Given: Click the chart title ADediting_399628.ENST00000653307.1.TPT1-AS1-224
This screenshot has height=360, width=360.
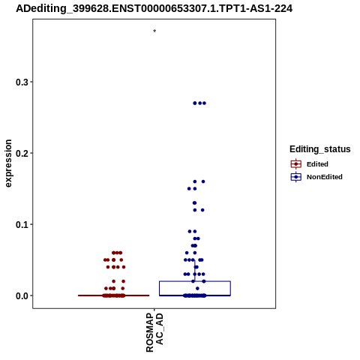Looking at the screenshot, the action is tap(154, 8).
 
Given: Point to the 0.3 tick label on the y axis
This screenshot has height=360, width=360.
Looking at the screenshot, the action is tap(22, 82).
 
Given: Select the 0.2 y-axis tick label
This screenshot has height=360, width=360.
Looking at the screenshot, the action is tap(22, 153).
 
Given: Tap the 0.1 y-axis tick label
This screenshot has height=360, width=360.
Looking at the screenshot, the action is tap(22, 224).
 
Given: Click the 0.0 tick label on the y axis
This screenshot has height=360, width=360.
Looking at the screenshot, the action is tap(22, 295).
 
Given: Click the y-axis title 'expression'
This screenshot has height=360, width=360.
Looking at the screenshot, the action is tap(8, 163).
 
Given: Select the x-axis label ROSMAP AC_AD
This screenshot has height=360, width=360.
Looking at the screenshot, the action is tap(154, 332).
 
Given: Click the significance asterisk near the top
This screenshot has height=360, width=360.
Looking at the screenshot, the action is tap(154, 31).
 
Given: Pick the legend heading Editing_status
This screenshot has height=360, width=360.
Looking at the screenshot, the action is tap(320, 149).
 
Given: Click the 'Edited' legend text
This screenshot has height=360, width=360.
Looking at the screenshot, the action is tap(317, 164).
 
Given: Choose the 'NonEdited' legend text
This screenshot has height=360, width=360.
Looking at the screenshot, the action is tap(325, 177).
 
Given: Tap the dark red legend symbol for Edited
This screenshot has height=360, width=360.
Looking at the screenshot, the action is tap(296, 164).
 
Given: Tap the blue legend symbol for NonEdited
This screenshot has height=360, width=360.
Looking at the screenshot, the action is tap(296, 177).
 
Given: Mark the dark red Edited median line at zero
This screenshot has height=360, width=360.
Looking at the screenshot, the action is tap(114, 295).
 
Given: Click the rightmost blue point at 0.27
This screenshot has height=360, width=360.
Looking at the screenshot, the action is tap(204, 103).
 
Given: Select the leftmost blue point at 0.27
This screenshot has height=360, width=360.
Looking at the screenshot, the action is tap(195, 103).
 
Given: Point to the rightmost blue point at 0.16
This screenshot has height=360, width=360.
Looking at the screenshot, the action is tap(203, 181).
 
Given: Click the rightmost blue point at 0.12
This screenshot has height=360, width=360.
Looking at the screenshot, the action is tap(202, 210).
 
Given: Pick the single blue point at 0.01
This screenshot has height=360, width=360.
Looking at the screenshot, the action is tap(197, 289).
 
